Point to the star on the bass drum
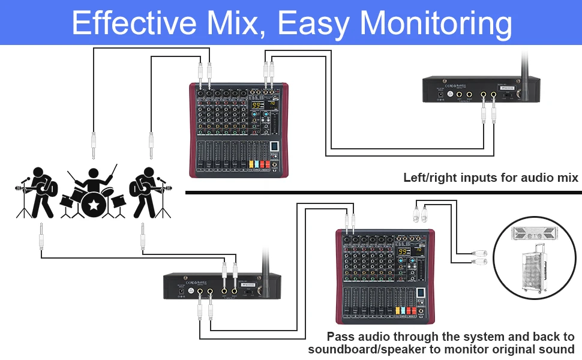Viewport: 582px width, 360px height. coord(93,205)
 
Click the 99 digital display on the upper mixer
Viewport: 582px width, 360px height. coord(256,106)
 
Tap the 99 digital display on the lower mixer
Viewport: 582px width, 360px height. coord(403,252)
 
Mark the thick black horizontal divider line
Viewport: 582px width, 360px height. coord(384,193)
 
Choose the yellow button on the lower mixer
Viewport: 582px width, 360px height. coord(397,311)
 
